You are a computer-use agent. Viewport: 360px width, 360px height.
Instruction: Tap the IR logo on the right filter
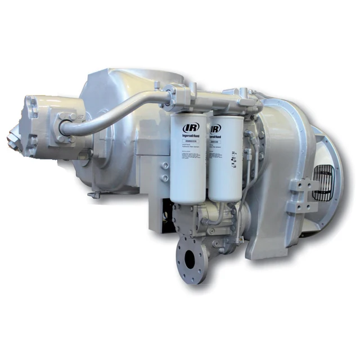click(x=215, y=129)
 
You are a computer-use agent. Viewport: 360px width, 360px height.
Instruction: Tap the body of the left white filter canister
click(x=185, y=163)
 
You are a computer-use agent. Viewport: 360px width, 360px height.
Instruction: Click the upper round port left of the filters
click(x=164, y=165)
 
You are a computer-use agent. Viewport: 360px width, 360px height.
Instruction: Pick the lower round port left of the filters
click(x=164, y=178)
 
